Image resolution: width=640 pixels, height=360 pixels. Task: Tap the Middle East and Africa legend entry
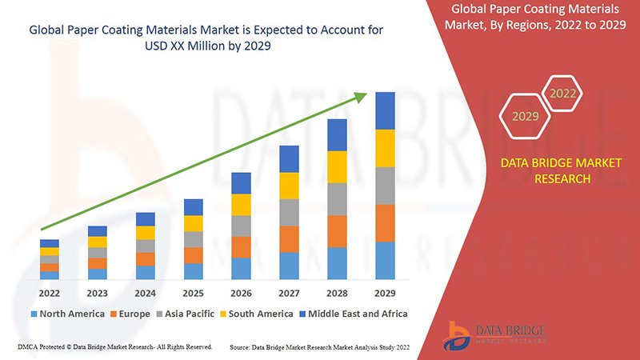pos(352,314)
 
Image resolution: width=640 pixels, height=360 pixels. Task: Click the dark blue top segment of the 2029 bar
pos(385,110)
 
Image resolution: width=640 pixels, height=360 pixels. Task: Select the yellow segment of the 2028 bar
pos(337,166)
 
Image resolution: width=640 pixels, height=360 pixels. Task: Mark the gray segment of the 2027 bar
pos(289,212)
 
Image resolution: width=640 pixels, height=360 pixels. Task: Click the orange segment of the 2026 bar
pos(241,246)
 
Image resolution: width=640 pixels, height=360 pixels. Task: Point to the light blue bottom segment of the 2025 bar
pos(193,271)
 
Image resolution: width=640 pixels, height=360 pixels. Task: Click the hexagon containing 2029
pos(525,117)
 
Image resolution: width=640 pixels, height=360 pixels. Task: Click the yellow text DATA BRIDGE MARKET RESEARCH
pos(560,170)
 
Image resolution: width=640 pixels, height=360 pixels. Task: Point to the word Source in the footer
pos(242,348)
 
